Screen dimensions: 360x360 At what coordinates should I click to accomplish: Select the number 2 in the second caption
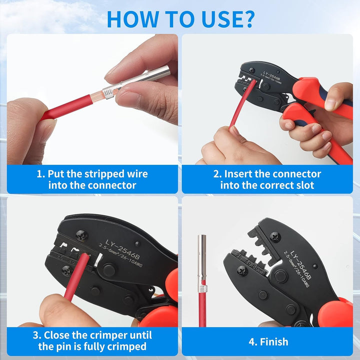click(x=216, y=174)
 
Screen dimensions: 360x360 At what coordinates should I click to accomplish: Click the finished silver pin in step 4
click(x=202, y=260)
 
